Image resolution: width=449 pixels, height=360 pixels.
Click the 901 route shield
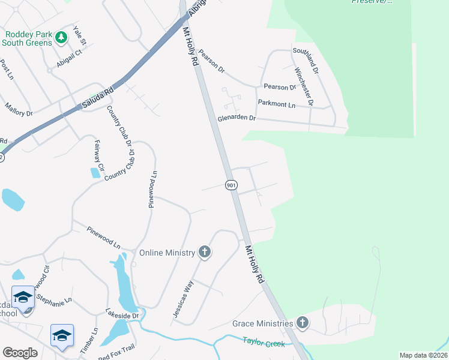[231, 185]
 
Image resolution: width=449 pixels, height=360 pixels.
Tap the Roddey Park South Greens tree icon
[61, 38]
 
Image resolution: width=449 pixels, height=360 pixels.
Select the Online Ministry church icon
[205, 252]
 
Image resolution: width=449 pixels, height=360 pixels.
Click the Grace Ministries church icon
[303, 323]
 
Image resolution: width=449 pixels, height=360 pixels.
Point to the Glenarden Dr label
[237, 119]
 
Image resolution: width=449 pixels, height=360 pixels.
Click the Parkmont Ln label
[277, 104]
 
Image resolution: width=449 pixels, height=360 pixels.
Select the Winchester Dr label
[303, 86]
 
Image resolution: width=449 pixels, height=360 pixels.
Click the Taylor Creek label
[264, 342]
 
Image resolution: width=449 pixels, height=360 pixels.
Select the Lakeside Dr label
[122, 314]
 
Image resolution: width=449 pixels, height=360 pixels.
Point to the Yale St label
[79, 35]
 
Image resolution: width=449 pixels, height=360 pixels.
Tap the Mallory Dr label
[18, 109]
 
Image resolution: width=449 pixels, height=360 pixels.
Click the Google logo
[20, 352]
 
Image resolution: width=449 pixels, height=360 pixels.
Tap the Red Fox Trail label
[118, 356]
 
